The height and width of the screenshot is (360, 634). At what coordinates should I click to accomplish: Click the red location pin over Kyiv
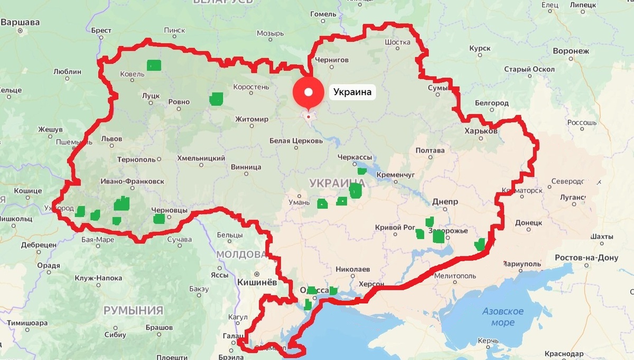click(x=308, y=93)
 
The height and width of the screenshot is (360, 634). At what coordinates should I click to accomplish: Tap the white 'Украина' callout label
click(x=352, y=93)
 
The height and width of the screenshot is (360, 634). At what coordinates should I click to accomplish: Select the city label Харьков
click(x=480, y=131)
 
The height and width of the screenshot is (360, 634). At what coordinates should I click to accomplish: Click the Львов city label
click(x=111, y=139)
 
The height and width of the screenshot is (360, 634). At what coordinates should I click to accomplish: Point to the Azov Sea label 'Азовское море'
click(x=502, y=317)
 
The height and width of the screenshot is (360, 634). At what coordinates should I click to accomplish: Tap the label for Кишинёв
click(x=257, y=282)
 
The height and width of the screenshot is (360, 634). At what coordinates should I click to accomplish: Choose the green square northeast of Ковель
click(x=154, y=66)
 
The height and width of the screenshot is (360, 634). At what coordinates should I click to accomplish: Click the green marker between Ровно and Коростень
click(x=216, y=99)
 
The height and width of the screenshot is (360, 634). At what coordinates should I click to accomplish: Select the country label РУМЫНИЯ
click(x=133, y=310)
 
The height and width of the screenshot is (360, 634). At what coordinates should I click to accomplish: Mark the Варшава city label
click(x=20, y=23)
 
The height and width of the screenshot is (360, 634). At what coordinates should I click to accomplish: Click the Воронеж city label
click(x=571, y=51)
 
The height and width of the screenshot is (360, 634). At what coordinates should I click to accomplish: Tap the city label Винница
click(x=246, y=167)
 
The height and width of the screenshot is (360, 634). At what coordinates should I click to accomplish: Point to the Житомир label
click(x=251, y=119)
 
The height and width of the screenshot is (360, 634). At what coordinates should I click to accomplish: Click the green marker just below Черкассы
click(x=362, y=171)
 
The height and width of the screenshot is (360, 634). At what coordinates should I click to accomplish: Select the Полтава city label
click(x=430, y=150)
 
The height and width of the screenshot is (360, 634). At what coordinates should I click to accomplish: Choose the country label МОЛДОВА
click(x=241, y=254)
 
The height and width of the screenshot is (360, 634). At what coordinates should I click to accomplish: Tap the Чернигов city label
click(x=331, y=60)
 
